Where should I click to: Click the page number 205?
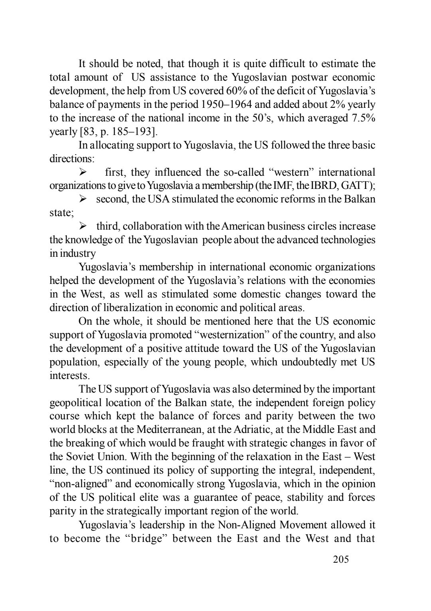click(341, 559)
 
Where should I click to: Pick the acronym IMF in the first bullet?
click(285, 186)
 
